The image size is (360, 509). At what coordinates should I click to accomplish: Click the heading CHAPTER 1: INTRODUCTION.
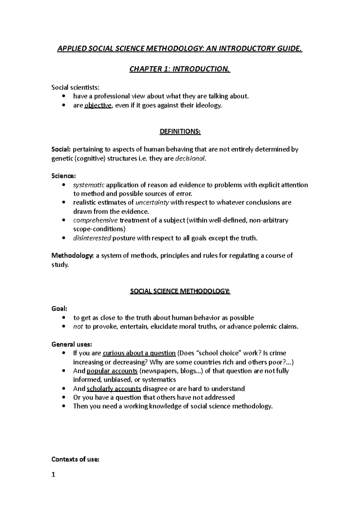(x=180, y=69)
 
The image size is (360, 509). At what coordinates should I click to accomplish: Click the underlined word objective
(x=98, y=105)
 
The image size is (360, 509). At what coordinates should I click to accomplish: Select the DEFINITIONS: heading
(x=180, y=132)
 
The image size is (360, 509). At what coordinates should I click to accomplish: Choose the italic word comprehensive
(x=95, y=220)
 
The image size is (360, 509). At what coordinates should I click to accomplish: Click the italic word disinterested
(x=92, y=238)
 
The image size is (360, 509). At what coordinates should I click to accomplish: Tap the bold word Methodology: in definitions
(x=73, y=256)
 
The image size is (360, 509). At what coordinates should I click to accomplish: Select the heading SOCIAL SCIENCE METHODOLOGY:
(x=180, y=291)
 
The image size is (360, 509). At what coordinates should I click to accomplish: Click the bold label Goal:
(x=59, y=309)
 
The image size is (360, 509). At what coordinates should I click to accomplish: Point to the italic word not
(x=78, y=327)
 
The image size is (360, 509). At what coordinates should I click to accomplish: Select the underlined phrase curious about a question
(x=139, y=353)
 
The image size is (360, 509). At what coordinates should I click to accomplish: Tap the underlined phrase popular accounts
(x=112, y=371)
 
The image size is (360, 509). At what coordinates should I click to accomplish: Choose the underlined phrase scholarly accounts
(x=114, y=389)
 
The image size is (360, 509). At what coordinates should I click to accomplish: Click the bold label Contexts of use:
(x=75, y=459)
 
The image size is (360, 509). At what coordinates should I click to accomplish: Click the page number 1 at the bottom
(x=53, y=475)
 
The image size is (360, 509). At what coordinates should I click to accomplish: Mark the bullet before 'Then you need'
(x=63, y=406)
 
